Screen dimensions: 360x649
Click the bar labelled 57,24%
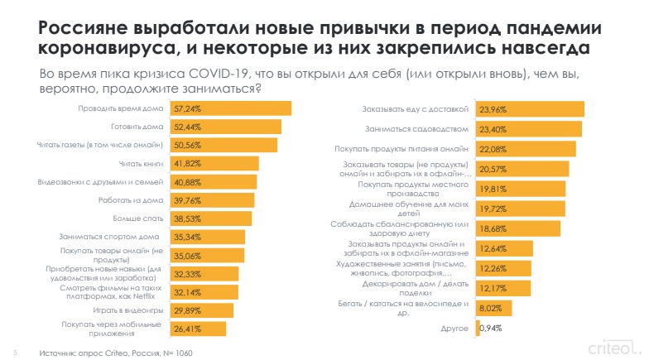231,108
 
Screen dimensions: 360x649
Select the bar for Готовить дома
226,127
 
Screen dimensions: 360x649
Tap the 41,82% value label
187,164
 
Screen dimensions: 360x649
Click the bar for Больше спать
211,218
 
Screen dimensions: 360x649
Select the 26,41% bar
199,329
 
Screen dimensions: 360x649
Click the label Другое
457,329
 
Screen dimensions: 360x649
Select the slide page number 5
14,350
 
